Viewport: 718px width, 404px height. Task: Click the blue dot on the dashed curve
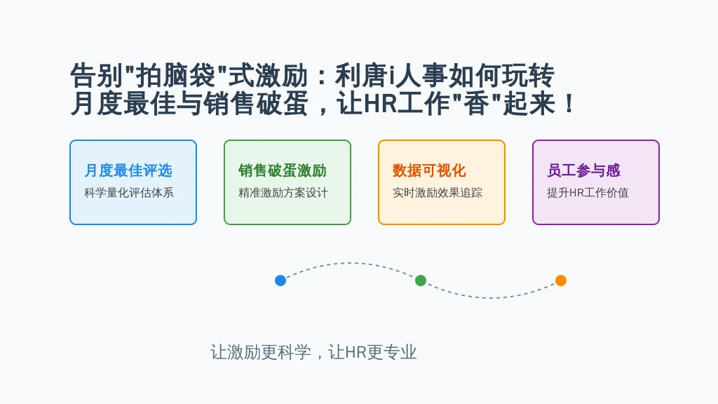[x=280, y=281]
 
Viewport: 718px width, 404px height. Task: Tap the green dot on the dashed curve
[x=421, y=281]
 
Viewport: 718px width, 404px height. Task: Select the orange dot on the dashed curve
[x=561, y=281]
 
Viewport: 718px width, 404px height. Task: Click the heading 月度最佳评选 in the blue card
[x=128, y=170]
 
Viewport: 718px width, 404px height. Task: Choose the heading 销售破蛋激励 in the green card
[x=283, y=170]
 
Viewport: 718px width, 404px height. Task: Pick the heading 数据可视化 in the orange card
[x=429, y=170]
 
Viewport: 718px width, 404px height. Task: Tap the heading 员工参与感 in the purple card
[x=584, y=170]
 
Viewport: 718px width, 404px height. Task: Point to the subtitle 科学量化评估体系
[x=129, y=193]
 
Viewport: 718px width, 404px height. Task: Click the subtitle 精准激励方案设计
[x=283, y=193]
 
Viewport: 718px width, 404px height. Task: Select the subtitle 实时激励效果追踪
[x=438, y=193]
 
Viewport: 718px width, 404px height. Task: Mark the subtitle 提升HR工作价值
[x=588, y=193]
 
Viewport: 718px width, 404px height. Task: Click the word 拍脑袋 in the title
[x=176, y=76]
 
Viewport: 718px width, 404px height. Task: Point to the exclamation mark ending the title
[x=569, y=105]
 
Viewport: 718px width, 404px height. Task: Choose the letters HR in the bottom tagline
[x=355, y=352]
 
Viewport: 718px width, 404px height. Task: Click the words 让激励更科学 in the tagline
[x=261, y=352]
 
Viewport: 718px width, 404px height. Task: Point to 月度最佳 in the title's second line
[x=123, y=104]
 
